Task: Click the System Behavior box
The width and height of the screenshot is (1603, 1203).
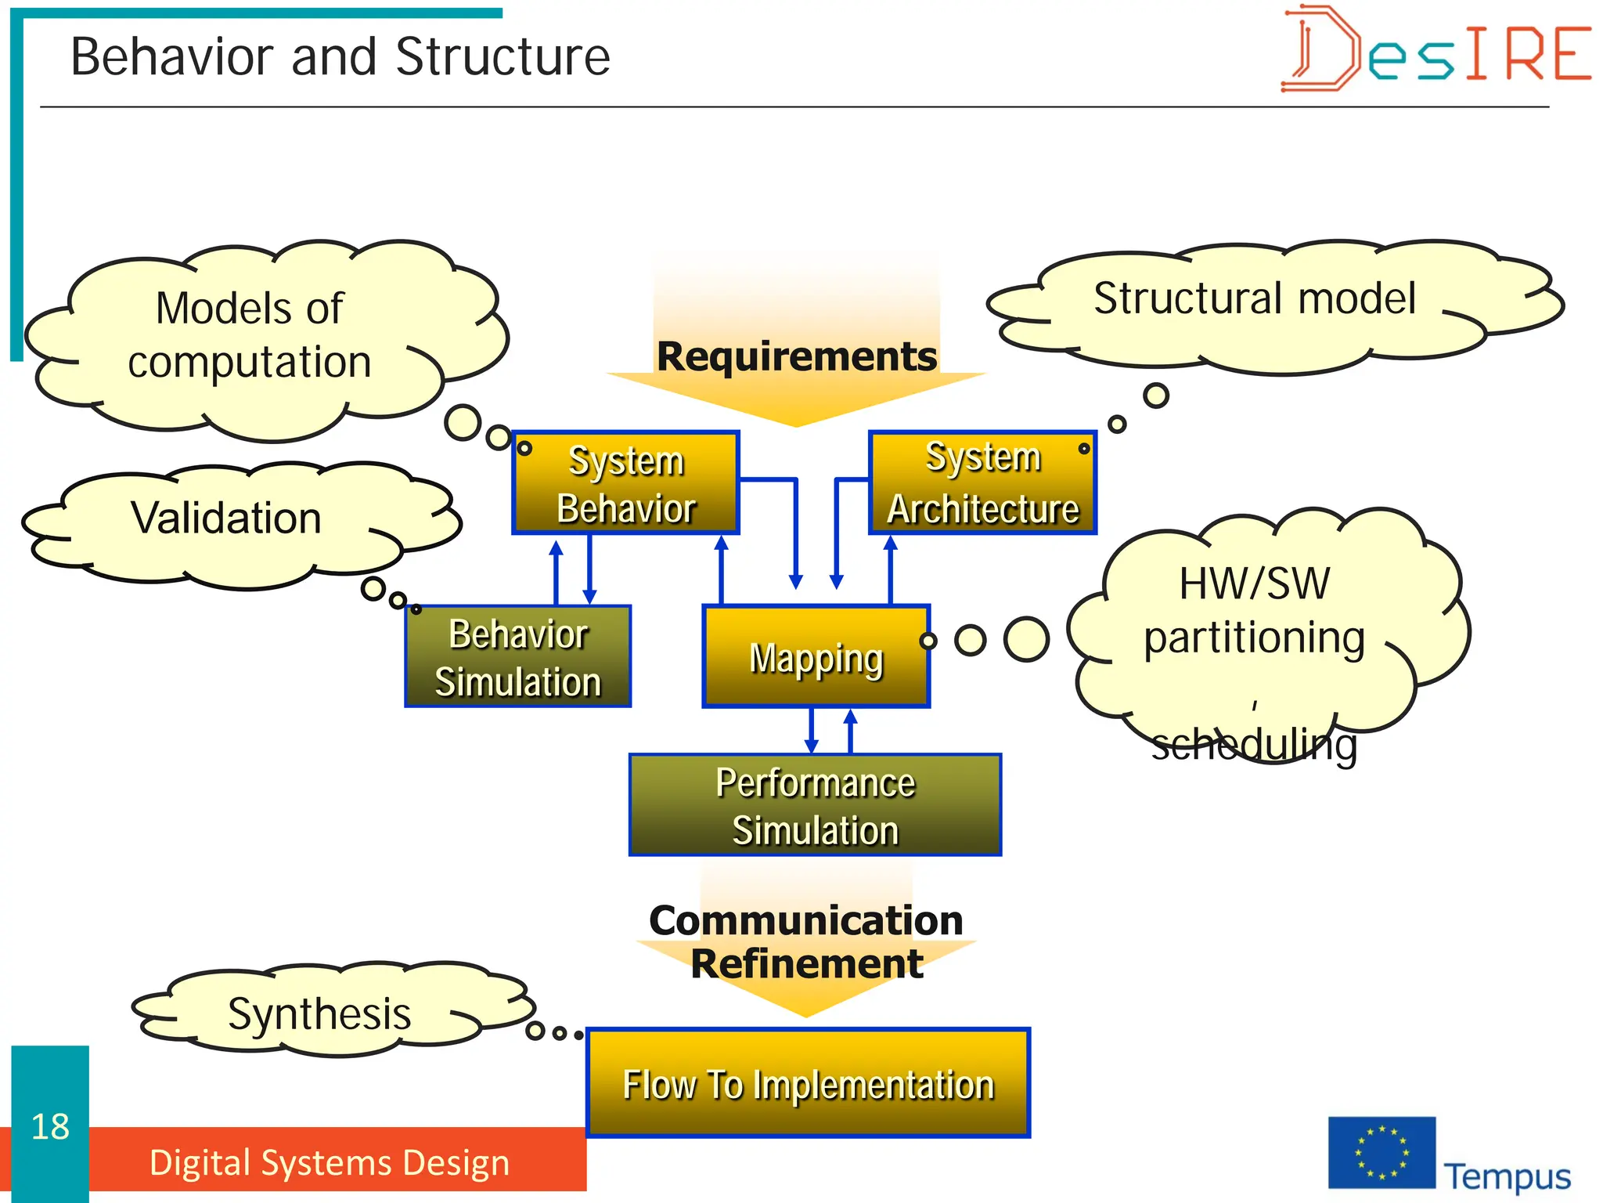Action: (x=625, y=483)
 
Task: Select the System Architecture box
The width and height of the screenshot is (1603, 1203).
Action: (x=982, y=483)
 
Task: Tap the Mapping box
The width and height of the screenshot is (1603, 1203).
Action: (x=816, y=657)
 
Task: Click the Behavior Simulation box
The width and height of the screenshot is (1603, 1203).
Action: (x=517, y=657)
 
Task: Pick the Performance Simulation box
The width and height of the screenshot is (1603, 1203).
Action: (x=815, y=805)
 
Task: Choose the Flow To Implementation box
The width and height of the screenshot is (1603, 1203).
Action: (x=808, y=1083)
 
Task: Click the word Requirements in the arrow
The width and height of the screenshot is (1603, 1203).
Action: (x=796, y=356)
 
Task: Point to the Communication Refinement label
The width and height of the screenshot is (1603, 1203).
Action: (x=806, y=941)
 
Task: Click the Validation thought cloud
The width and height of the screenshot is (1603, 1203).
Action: (x=227, y=518)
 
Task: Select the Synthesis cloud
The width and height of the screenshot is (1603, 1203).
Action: (x=319, y=1013)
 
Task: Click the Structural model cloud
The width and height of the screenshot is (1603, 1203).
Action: (x=1254, y=300)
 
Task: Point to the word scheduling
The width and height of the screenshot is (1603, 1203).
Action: (x=1254, y=744)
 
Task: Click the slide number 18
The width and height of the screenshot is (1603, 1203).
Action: (x=50, y=1126)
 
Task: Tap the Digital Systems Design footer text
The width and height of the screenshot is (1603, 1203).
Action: (x=330, y=1162)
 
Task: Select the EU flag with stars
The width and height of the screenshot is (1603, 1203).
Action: (x=1381, y=1153)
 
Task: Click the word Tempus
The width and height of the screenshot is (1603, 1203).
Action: (x=1507, y=1176)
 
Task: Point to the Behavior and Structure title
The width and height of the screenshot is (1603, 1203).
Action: (x=340, y=57)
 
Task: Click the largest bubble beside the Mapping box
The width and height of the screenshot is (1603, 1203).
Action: (x=1026, y=639)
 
